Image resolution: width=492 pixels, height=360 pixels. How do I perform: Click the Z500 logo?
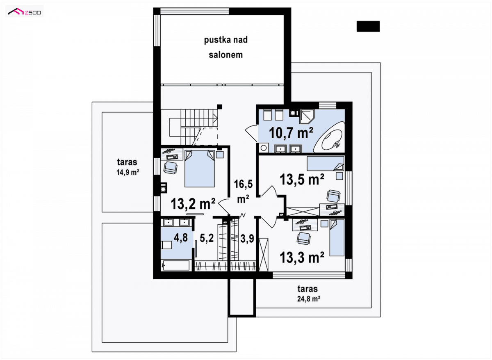pyautogui.click(x=24, y=11)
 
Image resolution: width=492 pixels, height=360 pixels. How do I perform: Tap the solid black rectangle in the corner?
pyautogui.click(x=368, y=26)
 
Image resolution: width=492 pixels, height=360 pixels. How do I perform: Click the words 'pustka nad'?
pyautogui.click(x=225, y=40)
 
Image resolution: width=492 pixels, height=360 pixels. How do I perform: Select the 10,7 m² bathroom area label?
pyautogui.click(x=291, y=133)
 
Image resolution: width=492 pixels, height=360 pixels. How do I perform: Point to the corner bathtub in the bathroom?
pyautogui.click(x=328, y=137)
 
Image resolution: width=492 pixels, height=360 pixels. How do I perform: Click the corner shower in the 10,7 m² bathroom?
pyautogui.click(x=307, y=116)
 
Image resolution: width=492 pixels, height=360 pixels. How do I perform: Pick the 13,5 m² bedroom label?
pyautogui.click(x=302, y=179)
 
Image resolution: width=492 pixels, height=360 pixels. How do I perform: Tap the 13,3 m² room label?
pyautogui.click(x=302, y=257)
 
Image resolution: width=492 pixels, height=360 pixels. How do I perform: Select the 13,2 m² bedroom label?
pyautogui.click(x=193, y=204)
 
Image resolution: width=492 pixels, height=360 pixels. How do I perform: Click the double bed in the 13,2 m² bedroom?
pyautogui.click(x=199, y=169)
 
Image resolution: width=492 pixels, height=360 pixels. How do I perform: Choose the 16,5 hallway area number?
pyautogui.click(x=243, y=184)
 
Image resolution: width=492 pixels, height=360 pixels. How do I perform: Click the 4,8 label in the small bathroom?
pyautogui.click(x=181, y=237)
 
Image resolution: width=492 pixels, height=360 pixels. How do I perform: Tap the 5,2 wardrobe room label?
pyautogui.click(x=207, y=238)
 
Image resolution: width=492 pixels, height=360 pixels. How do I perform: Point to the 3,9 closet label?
pyautogui.click(x=247, y=239)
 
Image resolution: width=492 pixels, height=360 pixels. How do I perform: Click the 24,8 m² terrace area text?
pyautogui.click(x=308, y=299)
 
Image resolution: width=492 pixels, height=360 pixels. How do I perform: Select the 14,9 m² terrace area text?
pyautogui.click(x=128, y=173)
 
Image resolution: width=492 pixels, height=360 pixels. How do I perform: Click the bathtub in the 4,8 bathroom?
pyautogui.click(x=175, y=265)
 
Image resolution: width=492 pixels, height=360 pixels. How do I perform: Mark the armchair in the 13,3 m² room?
pyautogui.click(x=303, y=239)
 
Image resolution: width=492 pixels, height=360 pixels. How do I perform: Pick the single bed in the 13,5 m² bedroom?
pyautogui.click(x=326, y=164)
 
